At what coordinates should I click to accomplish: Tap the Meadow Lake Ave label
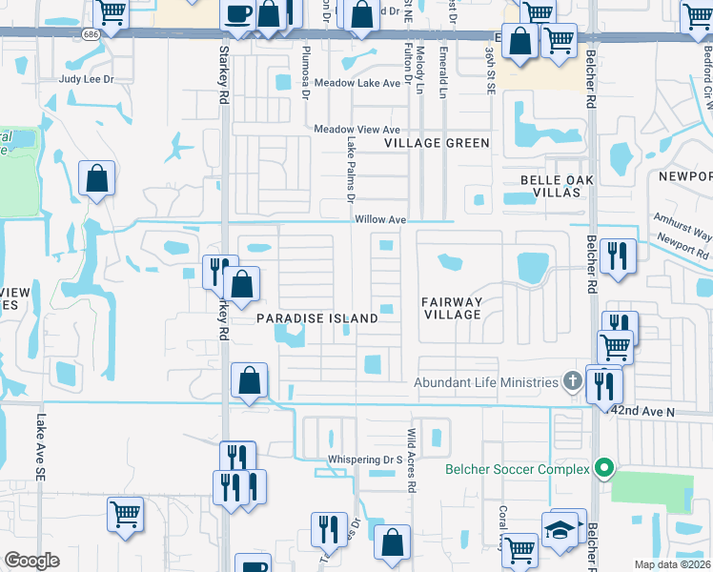point(357,83)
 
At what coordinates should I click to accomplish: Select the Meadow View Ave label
point(357,130)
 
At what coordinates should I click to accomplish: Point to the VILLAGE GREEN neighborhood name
point(437,143)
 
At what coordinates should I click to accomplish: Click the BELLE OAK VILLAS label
point(550,186)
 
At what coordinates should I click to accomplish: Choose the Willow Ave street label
point(380,219)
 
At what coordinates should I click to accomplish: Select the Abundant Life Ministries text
point(486,382)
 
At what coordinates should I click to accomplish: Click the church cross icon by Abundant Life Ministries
point(572,382)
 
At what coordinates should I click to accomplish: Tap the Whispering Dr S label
point(366,460)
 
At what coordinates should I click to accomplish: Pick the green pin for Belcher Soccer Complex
point(602,469)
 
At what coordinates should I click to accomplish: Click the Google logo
point(32,561)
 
